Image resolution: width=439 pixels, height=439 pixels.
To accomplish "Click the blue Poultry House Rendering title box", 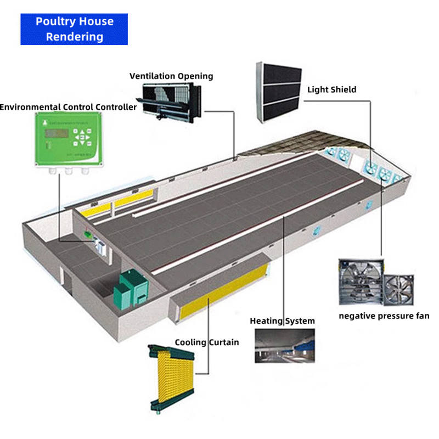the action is (74, 29).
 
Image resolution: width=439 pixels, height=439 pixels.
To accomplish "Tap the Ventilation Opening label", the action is (171, 76).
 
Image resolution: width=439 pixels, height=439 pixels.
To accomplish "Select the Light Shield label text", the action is (331, 89).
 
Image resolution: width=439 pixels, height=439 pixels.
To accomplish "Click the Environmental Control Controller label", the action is (69, 107).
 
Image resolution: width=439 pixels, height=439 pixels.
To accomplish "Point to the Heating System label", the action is (282, 321).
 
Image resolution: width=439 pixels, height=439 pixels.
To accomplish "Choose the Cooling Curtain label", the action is (207, 342).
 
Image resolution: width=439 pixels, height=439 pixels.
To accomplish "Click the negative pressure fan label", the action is (384, 316).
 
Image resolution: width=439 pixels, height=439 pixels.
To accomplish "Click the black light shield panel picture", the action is (278, 92).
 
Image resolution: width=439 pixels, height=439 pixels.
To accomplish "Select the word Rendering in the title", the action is (74, 37).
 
